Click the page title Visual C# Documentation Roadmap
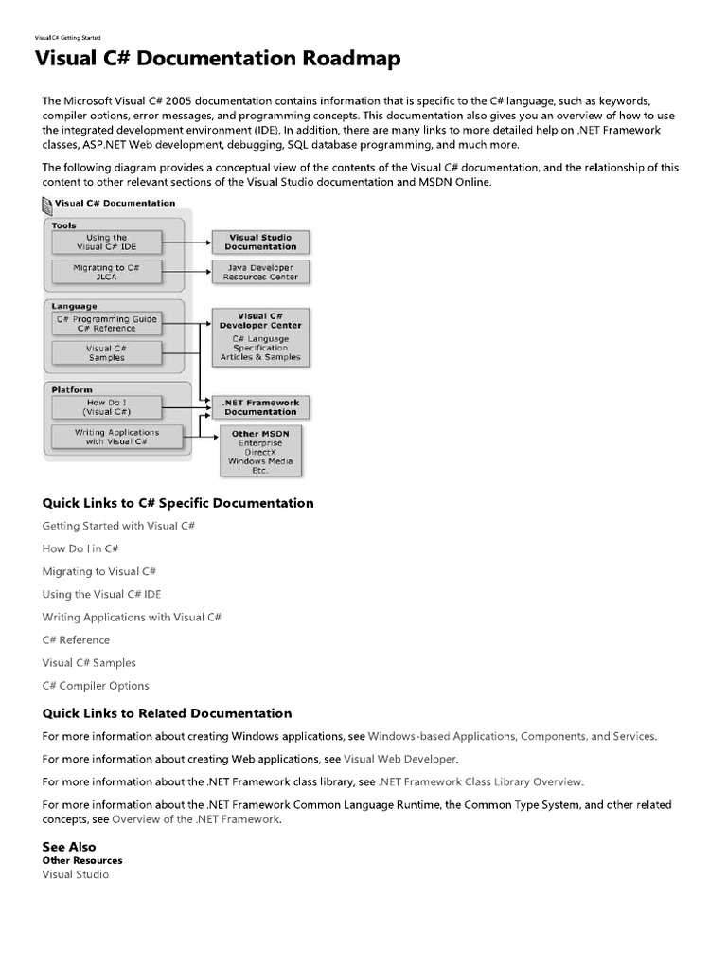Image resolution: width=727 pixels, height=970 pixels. point(218,60)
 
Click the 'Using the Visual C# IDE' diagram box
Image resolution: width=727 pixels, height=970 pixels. point(106,242)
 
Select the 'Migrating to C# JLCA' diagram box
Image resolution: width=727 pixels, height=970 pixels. point(106,273)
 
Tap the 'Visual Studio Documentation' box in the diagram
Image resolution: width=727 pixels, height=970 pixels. point(260,242)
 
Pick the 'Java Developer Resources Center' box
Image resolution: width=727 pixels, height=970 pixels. point(260,273)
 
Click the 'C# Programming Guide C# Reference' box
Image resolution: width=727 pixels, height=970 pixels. point(106,324)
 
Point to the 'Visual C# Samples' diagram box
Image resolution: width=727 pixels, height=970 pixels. point(106,352)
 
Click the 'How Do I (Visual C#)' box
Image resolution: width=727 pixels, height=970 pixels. point(106,407)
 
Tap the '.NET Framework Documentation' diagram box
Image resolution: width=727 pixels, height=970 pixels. point(260,407)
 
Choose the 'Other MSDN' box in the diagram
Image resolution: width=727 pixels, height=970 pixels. point(260,451)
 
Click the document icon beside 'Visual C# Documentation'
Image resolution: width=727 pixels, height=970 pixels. point(48,204)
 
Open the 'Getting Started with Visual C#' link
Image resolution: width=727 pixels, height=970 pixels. point(118,526)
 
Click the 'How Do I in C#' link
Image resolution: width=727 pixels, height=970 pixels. point(80,548)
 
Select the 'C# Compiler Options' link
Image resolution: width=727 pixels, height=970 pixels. point(96,686)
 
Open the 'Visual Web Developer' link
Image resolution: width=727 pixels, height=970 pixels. point(399,759)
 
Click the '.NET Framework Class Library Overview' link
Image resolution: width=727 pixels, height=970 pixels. point(480,781)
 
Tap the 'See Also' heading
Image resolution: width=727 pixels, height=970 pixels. point(69,847)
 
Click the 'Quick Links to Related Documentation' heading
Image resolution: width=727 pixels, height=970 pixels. point(167,713)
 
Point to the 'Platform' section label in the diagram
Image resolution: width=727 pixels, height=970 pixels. point(72,389)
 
